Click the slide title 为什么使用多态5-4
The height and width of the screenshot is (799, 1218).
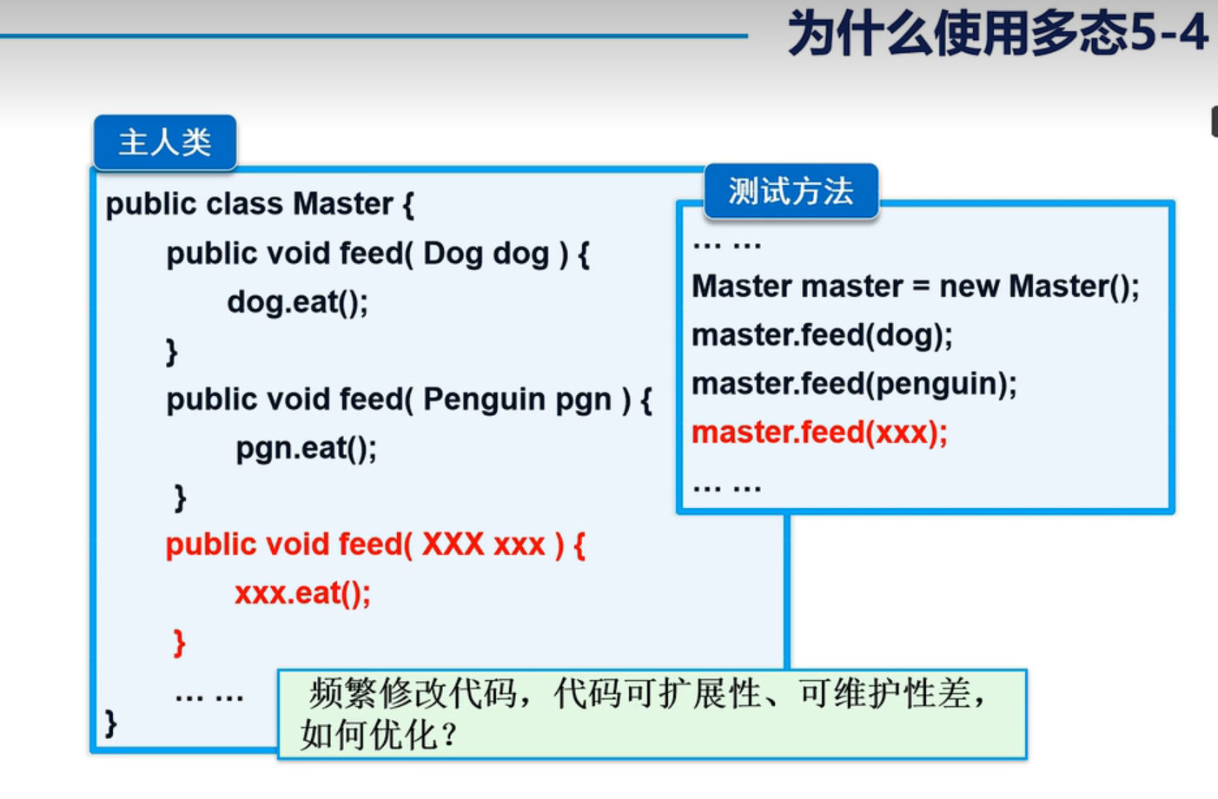(x=996, y=34)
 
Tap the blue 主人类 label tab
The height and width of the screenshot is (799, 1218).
(x=165, y=142)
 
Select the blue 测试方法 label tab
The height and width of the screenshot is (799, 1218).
(x=791, y=191)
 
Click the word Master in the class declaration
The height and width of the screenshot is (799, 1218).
(x=343, y=204)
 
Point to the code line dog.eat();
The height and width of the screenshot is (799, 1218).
(x=297, y=302)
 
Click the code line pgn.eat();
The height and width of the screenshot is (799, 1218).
(x=306, y=448)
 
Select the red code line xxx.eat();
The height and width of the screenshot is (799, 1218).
(x=302, y=593)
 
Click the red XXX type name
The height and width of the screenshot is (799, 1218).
(x=453, y=545)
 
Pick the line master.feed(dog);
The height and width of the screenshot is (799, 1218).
(x=822, y=335)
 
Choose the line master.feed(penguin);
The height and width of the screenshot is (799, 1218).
(x=854, y=384)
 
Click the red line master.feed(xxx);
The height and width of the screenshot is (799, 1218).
(x=819, y=433)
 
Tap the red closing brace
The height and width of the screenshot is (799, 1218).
(x=179, y=644)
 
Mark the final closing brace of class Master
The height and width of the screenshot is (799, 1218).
(x=110, y=723)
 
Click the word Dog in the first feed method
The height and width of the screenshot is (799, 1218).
(x=451, y=254)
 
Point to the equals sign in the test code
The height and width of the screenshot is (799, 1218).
(x=921, y=287)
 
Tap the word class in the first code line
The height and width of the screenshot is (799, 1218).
(x=245, y=204)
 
